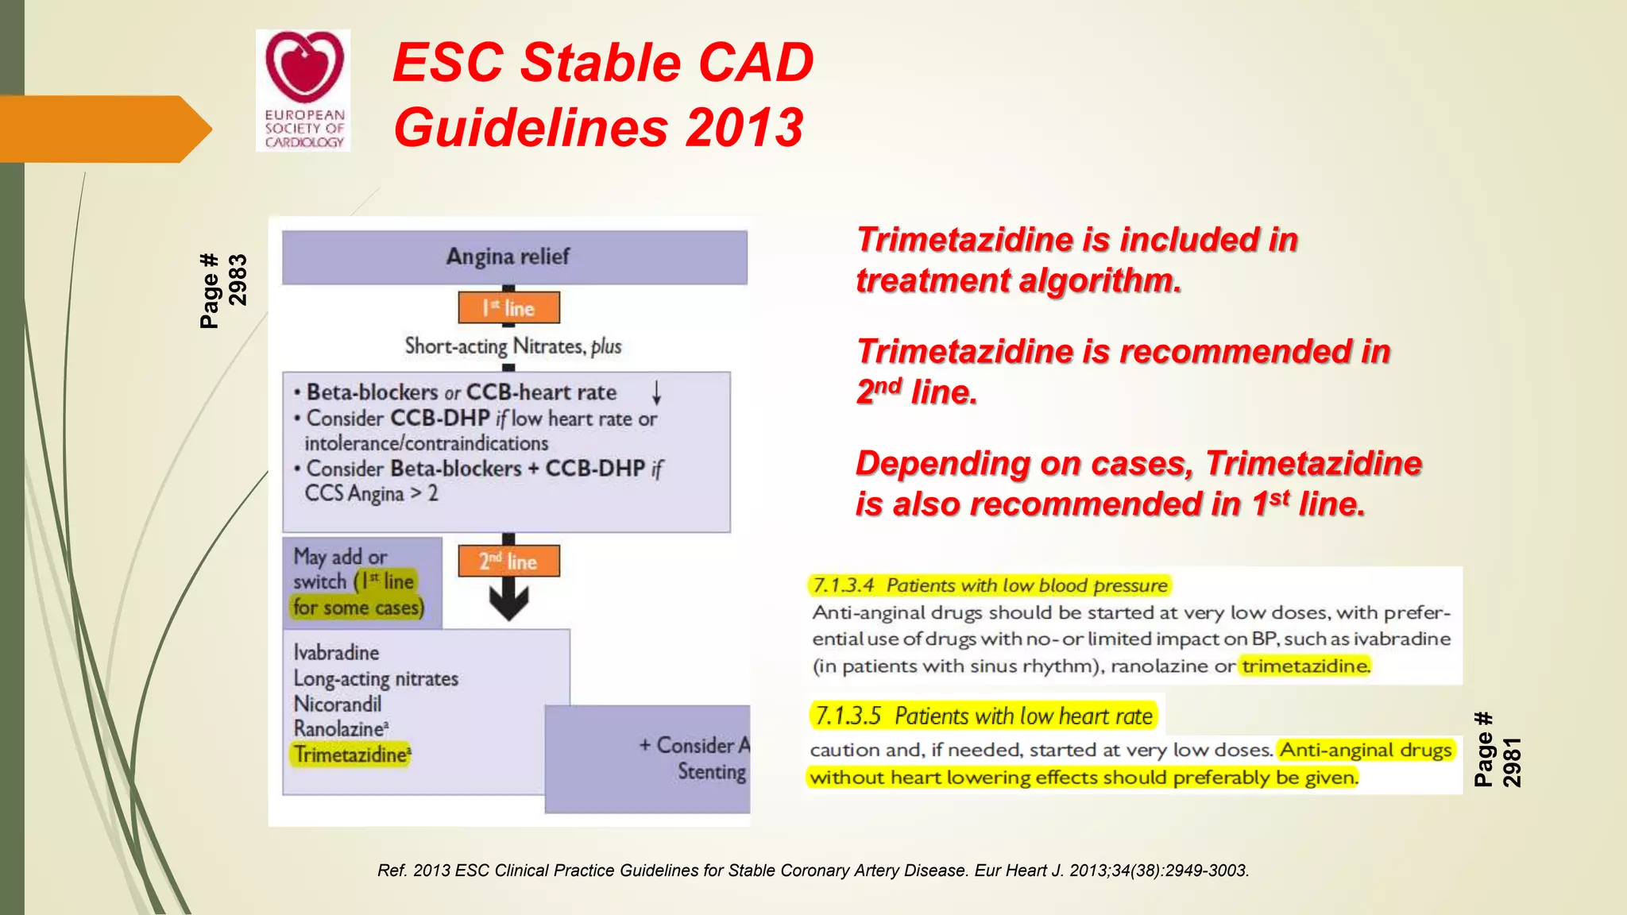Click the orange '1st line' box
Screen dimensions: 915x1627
tap(508, 307)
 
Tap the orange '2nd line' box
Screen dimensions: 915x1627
tap(508, 561)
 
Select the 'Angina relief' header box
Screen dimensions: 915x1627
tap(514, 257)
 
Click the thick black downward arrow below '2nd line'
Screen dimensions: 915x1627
tap(508, 600)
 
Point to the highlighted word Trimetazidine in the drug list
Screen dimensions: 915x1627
tap(351, 754)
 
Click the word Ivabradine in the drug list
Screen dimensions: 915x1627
tap(336, 652)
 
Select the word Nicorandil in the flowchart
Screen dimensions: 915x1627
tap(337, 704)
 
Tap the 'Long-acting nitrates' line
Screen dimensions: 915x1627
tap(376, 678)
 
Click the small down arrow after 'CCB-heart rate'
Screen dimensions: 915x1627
tap(656, 392)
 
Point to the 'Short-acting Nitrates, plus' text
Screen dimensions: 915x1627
tap(512, 346)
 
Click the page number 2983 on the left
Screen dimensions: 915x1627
tap(238, 280)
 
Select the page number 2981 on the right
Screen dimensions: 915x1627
tap(1511, 761)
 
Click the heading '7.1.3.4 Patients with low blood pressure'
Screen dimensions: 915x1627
tap(990, 585)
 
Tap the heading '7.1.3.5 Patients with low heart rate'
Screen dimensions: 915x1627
tap(984, 716)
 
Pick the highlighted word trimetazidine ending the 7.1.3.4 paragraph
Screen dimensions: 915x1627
tap(1306, 666)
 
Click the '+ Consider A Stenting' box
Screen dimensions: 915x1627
tap(694, 758)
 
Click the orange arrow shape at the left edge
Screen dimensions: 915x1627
tap(103, 129)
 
